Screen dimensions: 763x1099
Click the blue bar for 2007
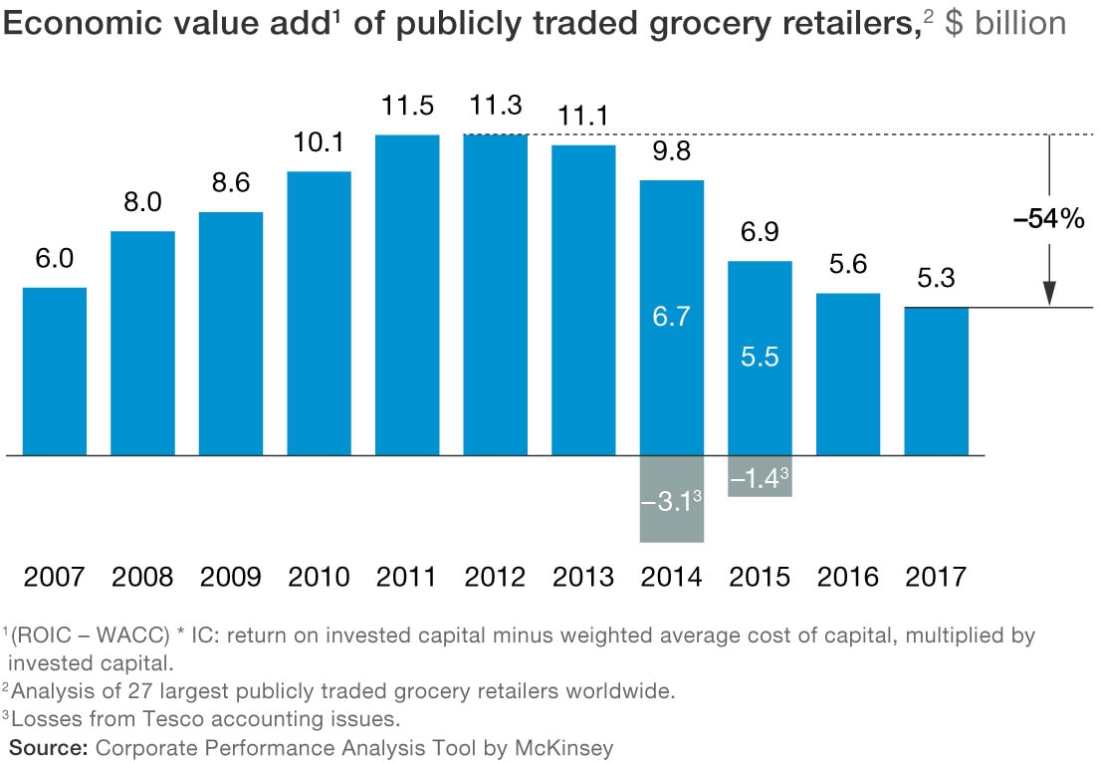click(55, 371)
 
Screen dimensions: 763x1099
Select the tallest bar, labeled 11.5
click(407, 295)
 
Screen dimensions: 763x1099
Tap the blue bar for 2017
click(936, 381)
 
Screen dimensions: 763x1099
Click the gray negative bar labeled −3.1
click(672, 499)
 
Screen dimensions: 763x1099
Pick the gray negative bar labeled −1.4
click(760, 476)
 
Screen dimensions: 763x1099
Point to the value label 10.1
click(319, 143)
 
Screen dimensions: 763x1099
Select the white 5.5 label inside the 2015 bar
click(760, 358)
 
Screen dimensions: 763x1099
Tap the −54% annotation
click(1047, 220)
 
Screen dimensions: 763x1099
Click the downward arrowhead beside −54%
click(1048, 293)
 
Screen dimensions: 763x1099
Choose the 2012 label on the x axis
click(495, 577)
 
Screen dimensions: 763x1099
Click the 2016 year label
click(847, 577)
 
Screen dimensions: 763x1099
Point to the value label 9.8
click(672, 152)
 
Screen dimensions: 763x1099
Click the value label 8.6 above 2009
click(231, 184)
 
